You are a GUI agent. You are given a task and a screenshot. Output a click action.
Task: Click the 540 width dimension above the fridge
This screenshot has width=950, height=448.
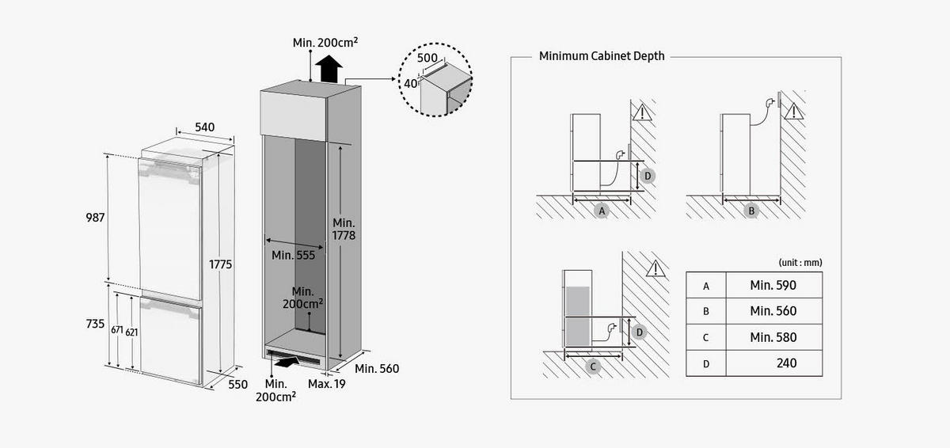(204, 127)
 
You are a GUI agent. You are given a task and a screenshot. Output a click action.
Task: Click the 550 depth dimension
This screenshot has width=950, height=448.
(237, 384)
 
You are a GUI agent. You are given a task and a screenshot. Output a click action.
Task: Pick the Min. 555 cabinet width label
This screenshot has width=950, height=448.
(293, 255)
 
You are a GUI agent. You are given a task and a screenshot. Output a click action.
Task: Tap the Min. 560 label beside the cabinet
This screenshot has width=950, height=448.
(376, 369)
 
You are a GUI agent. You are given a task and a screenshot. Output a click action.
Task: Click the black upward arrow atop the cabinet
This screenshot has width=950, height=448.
(326, 70)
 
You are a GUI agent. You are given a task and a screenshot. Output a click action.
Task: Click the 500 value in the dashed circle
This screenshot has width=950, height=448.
(427, 59)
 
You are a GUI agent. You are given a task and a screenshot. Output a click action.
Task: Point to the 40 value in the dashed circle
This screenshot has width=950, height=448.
(410, 83)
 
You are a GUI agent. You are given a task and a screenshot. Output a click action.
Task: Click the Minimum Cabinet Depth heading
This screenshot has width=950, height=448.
(602, 56)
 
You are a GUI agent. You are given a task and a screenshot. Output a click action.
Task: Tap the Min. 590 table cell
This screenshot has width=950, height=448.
(773, 285)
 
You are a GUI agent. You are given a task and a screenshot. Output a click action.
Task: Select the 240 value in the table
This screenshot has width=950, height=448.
(787, 363)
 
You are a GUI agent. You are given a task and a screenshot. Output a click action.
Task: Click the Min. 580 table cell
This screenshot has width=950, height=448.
(773, 337)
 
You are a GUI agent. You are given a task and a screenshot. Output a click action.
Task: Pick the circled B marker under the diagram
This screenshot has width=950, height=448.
(751, 211)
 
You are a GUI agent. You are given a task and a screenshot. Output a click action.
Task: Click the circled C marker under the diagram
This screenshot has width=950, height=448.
(593, 366)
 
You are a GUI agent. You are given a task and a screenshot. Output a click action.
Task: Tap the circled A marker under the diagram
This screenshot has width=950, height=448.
(602, 211)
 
